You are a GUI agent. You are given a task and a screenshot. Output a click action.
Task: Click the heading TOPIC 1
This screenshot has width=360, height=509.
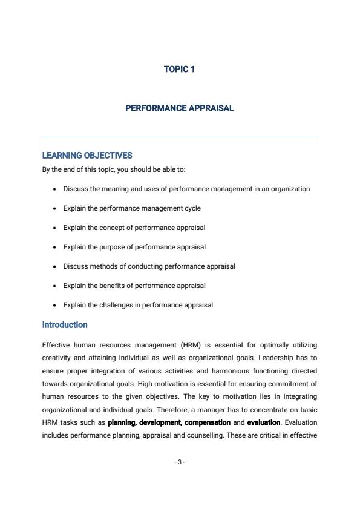(x=179, y=69)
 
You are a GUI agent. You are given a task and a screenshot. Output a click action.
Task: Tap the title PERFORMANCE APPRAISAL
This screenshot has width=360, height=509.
(x=179, y=108)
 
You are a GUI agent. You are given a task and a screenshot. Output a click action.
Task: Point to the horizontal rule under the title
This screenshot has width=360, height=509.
(x=179, y=136)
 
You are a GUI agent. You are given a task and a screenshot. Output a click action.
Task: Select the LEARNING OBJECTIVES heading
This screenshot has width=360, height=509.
(x=87, y=156)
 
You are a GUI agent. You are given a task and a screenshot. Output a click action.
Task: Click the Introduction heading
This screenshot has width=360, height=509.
(x=65, y=325)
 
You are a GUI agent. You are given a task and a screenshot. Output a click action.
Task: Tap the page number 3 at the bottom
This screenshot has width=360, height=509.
(x=179, y=462)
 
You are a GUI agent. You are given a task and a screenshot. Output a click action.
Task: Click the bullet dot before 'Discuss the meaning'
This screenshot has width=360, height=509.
(x=54, y=189)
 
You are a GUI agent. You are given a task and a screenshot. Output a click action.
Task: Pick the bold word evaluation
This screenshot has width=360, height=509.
(x=264, y=422)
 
